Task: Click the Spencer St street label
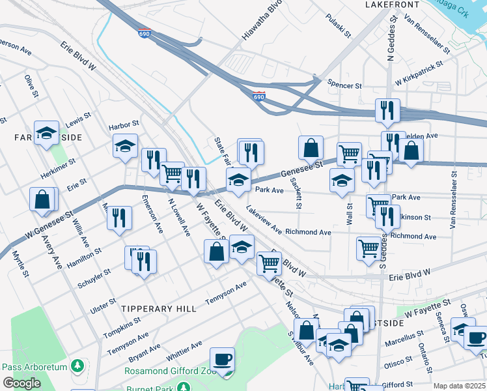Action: click(x=344, y=85)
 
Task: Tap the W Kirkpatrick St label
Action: click(x=419, y=74)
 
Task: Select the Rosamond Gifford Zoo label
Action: click(x=165, y=371)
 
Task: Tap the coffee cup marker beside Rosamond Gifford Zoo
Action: click(x=222, y=360)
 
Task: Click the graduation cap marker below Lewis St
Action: click(x=46, y=134)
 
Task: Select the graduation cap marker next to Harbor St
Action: click(x=125, y=147)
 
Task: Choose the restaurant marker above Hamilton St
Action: click(x=119, y=218)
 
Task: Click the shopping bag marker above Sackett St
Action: click(x=311, y=147)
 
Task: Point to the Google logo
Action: click(x=21, y=383)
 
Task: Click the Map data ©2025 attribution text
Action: click(x=459, y=386)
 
